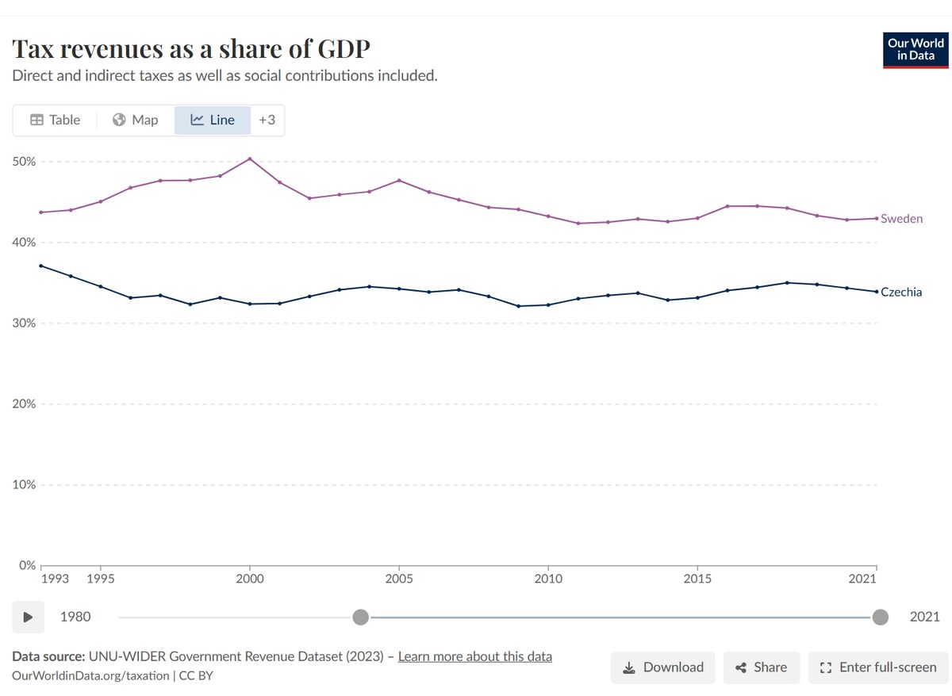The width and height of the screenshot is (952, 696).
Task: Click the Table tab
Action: (55, 120)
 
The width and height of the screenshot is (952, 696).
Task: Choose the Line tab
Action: (213, 120)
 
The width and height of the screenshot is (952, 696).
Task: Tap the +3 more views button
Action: (267, 120)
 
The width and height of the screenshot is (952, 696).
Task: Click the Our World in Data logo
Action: (915, 50)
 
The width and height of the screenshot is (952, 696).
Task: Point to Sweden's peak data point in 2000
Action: (250, 159)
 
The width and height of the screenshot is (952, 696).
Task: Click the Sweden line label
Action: (902, 219)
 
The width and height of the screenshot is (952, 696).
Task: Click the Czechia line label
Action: (901, 293)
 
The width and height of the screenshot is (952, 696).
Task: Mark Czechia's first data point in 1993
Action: (40, 266)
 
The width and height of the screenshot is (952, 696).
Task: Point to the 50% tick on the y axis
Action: (24, 162)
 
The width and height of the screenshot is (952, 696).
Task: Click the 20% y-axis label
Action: (24, 404)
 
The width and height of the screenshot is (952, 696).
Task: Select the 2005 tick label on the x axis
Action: (398, 579)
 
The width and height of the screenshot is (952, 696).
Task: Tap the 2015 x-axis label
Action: (697, 579)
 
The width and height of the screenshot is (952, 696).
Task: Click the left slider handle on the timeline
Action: (361, 617)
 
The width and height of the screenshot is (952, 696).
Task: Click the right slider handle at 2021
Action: (880, 617)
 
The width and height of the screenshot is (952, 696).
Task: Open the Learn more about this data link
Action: (474, 656)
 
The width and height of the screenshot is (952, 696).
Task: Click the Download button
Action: (662, 667)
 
